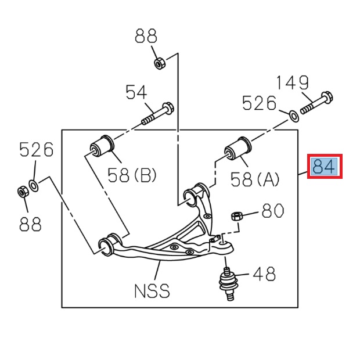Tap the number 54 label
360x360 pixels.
(x=137, y=91)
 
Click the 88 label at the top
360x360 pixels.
(x=146, y=37)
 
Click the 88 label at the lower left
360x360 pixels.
(x=30, y=224)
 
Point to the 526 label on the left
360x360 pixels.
(x=36, y=150)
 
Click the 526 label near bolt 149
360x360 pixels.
(x=260, y=103)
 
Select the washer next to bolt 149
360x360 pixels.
(x=294, y=115)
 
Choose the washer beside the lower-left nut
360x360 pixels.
(x=34, y=186)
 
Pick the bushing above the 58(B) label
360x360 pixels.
(x=103, y=146)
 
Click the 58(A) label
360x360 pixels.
(x=255, y=179)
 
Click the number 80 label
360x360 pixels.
(x=272, y=210)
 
